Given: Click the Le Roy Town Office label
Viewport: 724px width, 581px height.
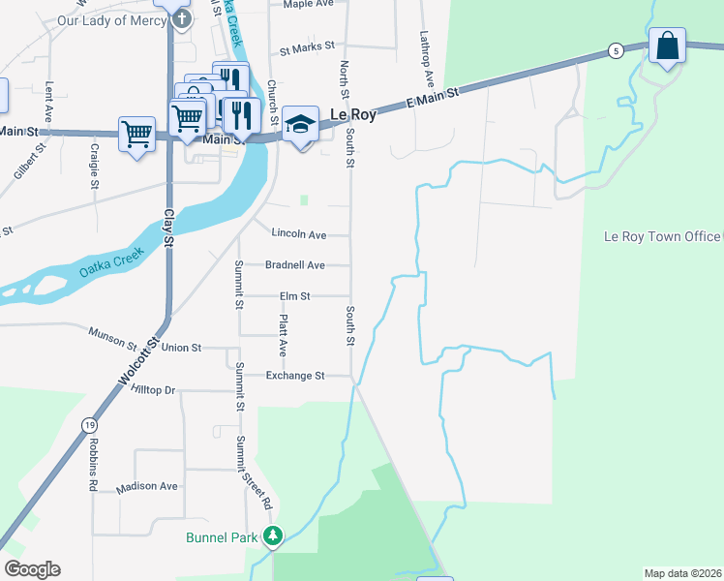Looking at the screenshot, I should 662,236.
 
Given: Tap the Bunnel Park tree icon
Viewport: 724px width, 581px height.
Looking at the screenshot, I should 274,535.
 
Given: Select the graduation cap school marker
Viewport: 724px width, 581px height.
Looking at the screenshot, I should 301,125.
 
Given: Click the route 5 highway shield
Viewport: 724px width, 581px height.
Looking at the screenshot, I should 615,50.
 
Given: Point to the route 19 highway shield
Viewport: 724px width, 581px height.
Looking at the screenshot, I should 89,425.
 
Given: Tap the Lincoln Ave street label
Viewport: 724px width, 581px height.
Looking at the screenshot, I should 299,234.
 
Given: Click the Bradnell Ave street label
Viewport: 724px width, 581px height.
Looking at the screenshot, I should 295,265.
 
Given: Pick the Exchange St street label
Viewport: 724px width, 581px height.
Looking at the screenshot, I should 295,376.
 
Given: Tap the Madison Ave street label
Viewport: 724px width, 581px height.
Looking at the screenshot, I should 147,486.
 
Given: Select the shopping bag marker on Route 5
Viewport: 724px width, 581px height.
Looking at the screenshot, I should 667,46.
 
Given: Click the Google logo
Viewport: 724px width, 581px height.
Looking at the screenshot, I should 32,569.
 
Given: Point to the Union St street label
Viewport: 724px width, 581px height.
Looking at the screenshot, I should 181,347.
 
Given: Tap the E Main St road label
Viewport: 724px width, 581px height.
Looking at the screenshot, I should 431,98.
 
